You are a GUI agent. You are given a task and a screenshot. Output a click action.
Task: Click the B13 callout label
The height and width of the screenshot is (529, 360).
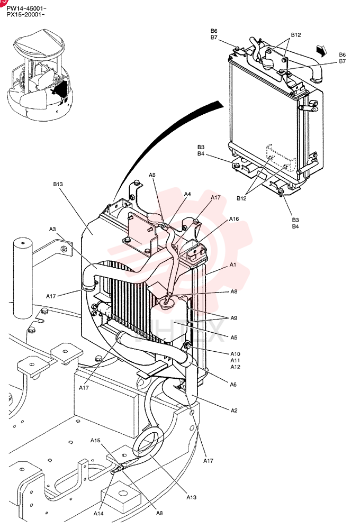(58, 184)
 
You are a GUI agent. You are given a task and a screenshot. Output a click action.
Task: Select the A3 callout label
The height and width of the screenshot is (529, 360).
(52, 229)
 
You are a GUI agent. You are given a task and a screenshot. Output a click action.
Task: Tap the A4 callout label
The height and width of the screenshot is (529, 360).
(187, 194)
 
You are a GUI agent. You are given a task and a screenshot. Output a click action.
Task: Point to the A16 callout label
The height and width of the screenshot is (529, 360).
(234, 219)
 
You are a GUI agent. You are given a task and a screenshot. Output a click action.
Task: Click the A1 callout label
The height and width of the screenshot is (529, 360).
(233, 265)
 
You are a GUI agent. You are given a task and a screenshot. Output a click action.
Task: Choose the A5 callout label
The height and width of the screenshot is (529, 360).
(234, 338)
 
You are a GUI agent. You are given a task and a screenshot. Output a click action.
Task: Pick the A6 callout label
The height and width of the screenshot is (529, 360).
(233, 384)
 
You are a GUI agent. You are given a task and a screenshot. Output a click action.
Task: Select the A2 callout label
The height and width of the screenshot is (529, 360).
(234, 411)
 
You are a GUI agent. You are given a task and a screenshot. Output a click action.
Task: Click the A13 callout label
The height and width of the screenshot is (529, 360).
(192, 497)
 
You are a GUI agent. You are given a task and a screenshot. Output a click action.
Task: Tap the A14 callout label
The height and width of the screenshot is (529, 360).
(98, 514)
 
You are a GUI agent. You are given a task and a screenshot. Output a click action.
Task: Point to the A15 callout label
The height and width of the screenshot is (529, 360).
(96, 440)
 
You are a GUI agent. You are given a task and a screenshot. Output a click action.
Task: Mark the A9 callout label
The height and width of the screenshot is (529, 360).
(234, 318)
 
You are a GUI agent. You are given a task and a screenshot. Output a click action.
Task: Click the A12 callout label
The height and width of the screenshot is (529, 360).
(236, 367)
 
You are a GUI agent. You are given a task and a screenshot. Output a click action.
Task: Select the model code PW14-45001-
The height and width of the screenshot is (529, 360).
(26, 8)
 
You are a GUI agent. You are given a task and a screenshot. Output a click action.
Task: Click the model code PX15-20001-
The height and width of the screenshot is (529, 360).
(26, 14)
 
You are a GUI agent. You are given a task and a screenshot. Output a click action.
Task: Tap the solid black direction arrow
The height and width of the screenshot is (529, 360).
(321, 50)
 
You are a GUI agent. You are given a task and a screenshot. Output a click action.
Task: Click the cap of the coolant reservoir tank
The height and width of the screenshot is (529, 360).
(166, 301)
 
